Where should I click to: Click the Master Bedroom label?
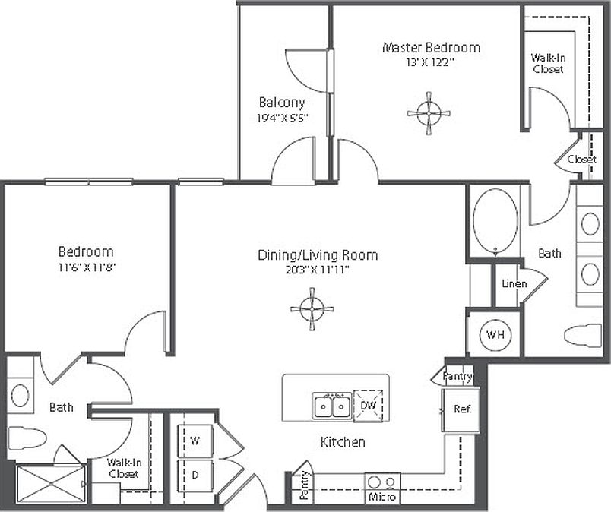click(x=431, y=47)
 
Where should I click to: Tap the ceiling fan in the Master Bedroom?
click(x=429, y=113)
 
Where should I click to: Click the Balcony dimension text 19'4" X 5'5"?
click(x=282, y=118)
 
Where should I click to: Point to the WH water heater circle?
click(x=495, y=334)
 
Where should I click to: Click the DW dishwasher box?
click(x=369, y=405)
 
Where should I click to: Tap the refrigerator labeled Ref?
click(x=462, y=409)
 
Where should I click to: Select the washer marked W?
click(x=195, y=440)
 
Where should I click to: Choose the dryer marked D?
click(x=195, y=476)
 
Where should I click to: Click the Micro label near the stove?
click(x=381, y=498)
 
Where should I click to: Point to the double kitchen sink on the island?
click(x=333, y=406)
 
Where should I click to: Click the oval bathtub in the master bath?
click(x=495, y=220)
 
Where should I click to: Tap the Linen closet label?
click(x=514, y=284)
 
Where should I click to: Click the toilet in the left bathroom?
click(x=27, y=438)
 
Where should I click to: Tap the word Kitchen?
click(x=342, y=442)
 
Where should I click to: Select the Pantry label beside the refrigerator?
click(x=457, y=376)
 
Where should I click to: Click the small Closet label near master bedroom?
click(x=581, y=160)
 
